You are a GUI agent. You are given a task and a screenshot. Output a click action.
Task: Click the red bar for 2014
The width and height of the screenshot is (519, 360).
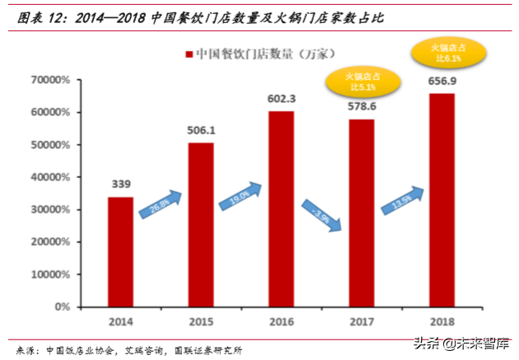(120, 251)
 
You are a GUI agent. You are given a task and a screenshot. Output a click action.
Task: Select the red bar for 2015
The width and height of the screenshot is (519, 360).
(201, 224)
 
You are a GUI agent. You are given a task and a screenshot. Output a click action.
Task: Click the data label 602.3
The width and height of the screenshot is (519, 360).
(281, 98)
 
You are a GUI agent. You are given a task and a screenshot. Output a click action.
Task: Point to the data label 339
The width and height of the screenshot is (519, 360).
(120, 184)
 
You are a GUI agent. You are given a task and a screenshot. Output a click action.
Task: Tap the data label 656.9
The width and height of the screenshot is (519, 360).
(442, 81)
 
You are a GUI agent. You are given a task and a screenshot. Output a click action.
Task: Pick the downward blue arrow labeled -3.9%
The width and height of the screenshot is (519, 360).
(321, 213)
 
